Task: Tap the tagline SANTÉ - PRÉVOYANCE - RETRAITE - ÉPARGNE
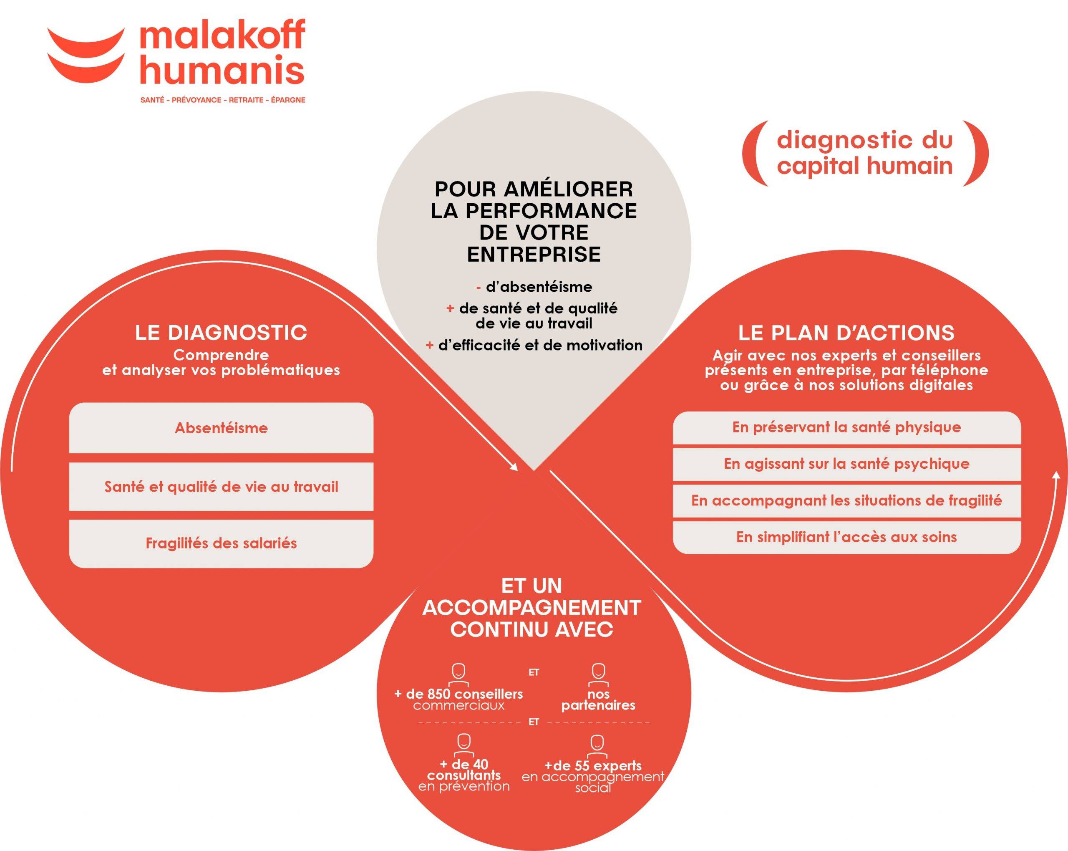[223, 100]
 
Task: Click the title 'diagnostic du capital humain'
[864, 153]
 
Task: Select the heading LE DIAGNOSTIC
[221, 333]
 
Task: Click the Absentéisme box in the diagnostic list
[221, 428]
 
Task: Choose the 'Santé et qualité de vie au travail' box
[221, 487]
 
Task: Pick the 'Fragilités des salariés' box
[221, 544]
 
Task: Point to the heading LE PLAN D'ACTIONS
[846, 333]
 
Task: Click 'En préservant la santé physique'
[846, 427]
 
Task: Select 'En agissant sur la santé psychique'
[846, 464]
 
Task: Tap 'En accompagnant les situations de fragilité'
[846, 500]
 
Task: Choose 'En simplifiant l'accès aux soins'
[846, 537]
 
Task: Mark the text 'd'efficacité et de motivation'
[540, 345]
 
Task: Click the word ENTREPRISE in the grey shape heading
[534, 254]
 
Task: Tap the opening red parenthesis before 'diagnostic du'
[750, 153]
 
